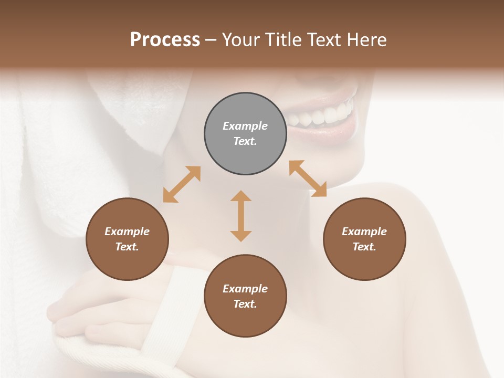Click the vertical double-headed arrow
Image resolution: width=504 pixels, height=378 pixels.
(241, 216)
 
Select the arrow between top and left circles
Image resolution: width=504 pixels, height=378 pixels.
(182, 184)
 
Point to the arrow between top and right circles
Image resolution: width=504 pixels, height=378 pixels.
(308, 178)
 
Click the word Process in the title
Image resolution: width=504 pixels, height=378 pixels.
(165, 40)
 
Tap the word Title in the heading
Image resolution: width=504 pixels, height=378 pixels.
(283, 40)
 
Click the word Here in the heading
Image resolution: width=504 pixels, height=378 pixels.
(367, 40)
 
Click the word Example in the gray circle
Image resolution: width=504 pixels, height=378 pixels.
(245, 126)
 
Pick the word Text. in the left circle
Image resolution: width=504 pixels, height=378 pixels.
(127, 247)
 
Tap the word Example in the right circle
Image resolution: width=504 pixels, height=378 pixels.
(364, 232)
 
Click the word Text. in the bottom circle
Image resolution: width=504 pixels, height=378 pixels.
(245, 304)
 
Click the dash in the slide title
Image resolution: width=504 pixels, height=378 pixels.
(211, 40)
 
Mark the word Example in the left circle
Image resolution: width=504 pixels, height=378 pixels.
(127, 232)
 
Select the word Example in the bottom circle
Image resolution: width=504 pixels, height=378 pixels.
(245, 289)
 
